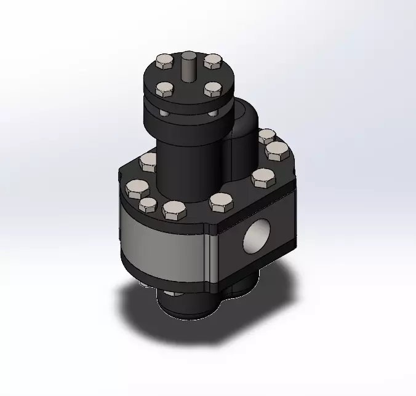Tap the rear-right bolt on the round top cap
pyautogui.click(x=212, y=60)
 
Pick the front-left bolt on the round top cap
pyautogui.click(x=165, y=90)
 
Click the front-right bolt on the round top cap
pyautogui.click(x=212, y=90)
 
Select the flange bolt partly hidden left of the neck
pyautogui.click(x=149, y=162)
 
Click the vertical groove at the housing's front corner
pyautogui.click(x=210, y=258)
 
